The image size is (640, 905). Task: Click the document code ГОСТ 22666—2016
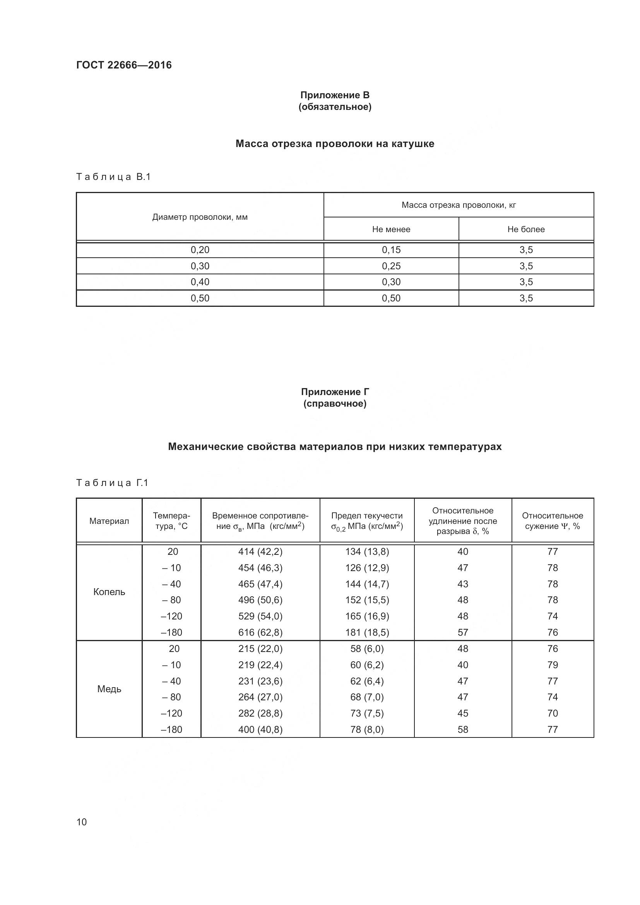tap(124, 65)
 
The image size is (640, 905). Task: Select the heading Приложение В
tap(335, 95)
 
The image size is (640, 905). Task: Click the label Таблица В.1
tap(113, 177)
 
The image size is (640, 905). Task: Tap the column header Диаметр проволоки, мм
tap(200, 217)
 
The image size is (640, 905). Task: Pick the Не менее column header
tap(391, 229)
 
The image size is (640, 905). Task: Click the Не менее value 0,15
tap(391, 250)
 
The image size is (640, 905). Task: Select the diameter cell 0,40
tap(200, 282)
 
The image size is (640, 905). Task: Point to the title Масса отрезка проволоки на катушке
tap(335, 144)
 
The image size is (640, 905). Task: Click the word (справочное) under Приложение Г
tap(335, 404)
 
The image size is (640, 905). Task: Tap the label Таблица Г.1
tap(112, 483)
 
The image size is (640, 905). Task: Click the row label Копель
tap(109, 592)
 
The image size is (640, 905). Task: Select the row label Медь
tap(109, 689)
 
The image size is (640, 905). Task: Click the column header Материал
tap(109, 521)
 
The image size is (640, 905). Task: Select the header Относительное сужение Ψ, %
tap(552, 521)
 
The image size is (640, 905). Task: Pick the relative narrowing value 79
tap(552, 665)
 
